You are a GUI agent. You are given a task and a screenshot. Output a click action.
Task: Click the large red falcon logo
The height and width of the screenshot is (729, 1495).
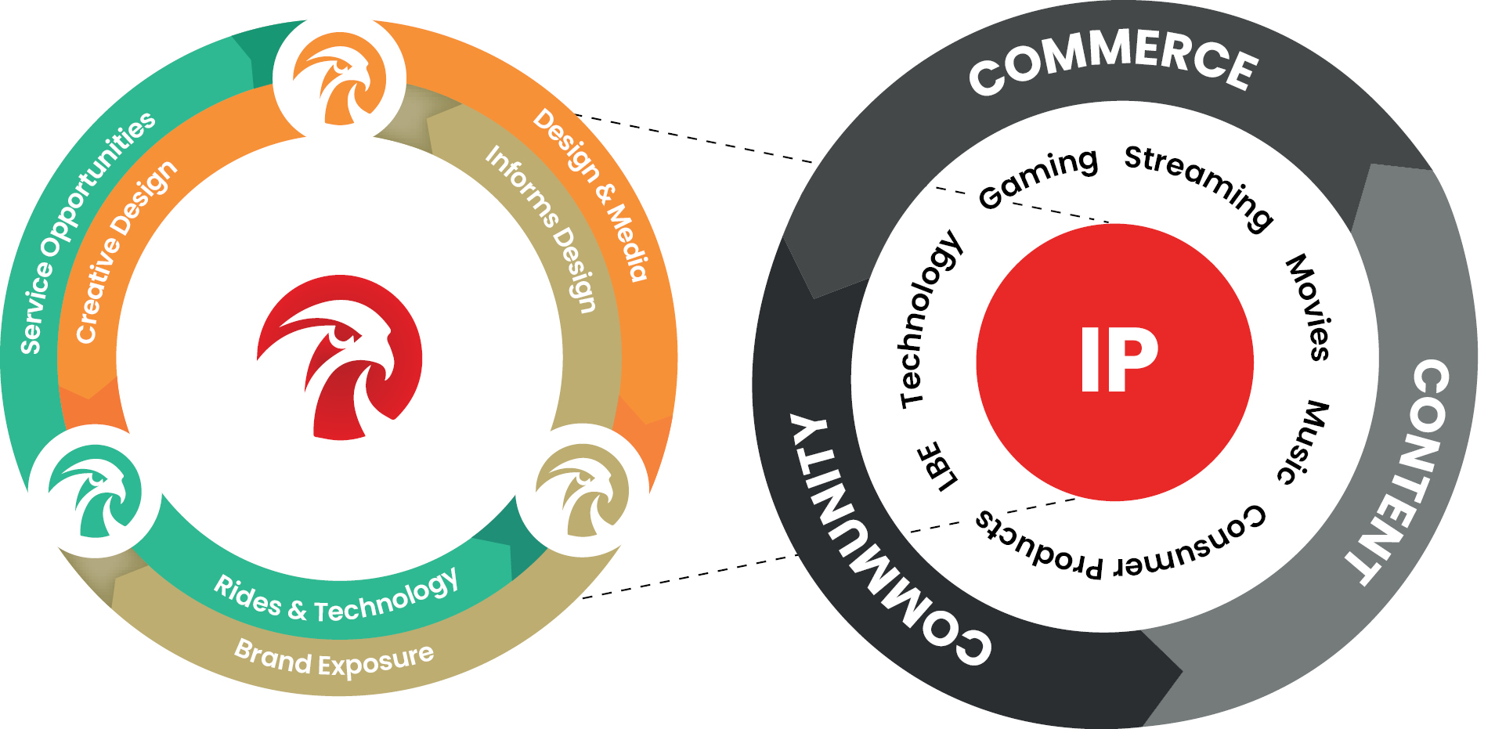(x=339, y=356)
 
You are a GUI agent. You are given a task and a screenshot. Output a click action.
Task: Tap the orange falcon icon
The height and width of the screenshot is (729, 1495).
(x=339, y=79)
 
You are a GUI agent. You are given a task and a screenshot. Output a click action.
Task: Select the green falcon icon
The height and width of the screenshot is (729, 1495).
(x=95, y=491)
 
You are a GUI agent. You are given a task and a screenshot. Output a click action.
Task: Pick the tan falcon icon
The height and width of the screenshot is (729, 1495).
(x=582, y=491)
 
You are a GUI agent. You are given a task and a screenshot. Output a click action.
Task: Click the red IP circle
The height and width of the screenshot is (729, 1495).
(x=1114, y=361)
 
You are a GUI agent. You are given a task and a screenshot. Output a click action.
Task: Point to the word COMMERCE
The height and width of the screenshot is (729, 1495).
(x=1112, y=63)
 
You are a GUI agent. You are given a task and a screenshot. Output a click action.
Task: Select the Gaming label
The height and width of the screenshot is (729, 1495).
(x=1038, y=179)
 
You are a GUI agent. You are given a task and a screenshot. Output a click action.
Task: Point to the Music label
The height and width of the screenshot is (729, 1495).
(x=1304, y=442)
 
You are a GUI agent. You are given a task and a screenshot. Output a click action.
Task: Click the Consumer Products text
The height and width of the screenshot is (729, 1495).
(x=1120, y=544)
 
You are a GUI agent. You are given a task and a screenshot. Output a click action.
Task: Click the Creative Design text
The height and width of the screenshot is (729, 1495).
(x=125, y=251)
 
